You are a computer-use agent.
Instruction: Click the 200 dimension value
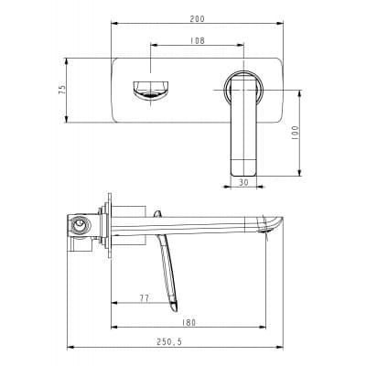(197, 19)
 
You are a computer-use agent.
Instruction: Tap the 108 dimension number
(198, 40)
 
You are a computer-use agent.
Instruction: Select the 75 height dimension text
(62, 89)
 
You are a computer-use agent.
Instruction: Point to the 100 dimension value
(295, 133)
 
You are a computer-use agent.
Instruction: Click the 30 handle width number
(243, 183)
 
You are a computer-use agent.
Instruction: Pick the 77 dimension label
(145, 298)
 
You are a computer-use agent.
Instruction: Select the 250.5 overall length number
(169, 342)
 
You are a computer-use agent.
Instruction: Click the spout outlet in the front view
(151, 90)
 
